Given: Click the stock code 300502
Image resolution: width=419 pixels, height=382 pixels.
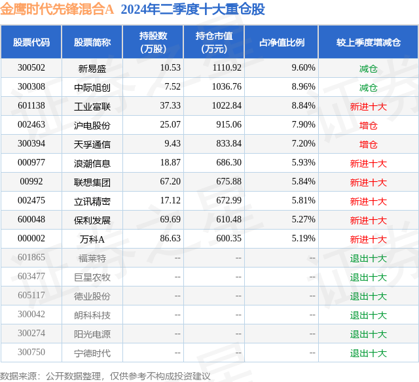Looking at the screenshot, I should pos(31,68).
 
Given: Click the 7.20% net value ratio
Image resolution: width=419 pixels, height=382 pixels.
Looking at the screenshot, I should pos(303,144).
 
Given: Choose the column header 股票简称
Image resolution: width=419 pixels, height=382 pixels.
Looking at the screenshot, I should pos(92,42).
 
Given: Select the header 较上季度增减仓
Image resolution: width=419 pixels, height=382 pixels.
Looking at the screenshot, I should pos(368,42).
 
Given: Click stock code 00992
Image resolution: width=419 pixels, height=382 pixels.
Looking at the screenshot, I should pos(31,182).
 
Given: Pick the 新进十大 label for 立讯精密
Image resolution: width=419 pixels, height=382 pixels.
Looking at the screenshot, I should pos(368,201).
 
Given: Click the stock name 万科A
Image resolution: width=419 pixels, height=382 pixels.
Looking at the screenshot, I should pos(92,239).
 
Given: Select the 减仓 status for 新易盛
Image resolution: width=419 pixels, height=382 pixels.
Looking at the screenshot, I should pos(368,68).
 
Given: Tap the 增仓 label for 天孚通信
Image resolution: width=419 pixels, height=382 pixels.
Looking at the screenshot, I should pos(368,144).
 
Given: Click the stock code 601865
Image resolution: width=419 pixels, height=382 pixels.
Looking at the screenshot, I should pos(31,258).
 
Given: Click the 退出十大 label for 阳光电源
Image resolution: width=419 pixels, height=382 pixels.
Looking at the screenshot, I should pos(368,334).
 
